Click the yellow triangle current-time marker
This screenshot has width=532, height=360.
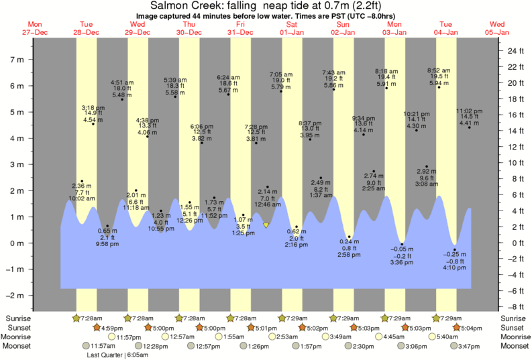[266, 225]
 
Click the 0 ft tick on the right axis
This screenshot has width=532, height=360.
[511, 243]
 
